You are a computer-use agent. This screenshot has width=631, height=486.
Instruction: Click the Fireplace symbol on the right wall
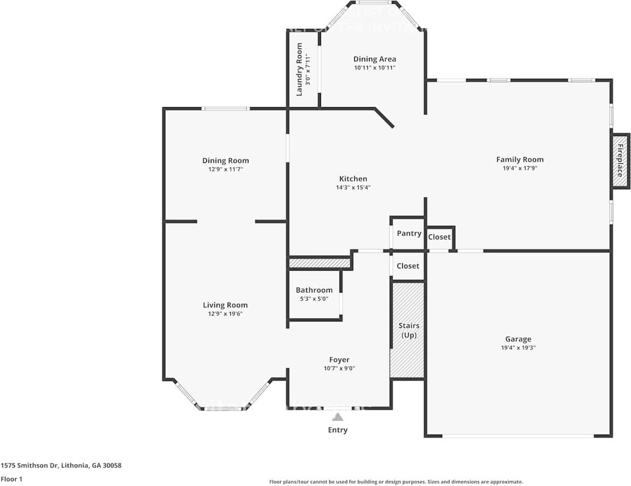coord(620,161)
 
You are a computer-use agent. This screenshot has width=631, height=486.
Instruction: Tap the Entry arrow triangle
coord(338,417)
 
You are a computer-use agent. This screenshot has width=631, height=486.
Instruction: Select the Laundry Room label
coord(299,69)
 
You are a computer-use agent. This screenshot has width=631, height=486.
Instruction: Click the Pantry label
coord(409,233)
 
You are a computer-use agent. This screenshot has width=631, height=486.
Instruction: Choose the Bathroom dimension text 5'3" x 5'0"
coord(314,298)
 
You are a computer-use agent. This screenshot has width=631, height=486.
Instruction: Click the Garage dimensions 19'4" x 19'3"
coord(518,348)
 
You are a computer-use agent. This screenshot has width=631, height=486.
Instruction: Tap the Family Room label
coord(520,160)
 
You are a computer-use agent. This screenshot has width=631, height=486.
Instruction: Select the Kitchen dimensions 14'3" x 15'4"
coord(353,188)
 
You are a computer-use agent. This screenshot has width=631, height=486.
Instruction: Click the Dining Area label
coord(374,59)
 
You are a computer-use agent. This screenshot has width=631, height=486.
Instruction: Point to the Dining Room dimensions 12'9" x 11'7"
coord(225,169)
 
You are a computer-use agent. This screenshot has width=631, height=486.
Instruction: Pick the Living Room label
coord(225,305)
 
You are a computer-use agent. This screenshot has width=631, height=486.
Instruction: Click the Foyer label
coord(339,360)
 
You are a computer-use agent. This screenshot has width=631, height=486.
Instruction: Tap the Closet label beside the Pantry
coord(439,237)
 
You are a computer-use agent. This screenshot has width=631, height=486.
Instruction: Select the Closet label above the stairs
coord(408,266)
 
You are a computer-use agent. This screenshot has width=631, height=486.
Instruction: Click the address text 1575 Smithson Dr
coord(61,466)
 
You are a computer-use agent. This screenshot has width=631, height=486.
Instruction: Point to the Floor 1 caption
coord(11,479)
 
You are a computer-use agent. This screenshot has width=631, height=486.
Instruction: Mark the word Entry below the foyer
coord(338,430)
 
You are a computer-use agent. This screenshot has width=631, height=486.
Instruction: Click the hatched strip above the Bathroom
coord(319,264)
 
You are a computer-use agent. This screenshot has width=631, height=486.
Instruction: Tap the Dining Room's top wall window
coord(226,109)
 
